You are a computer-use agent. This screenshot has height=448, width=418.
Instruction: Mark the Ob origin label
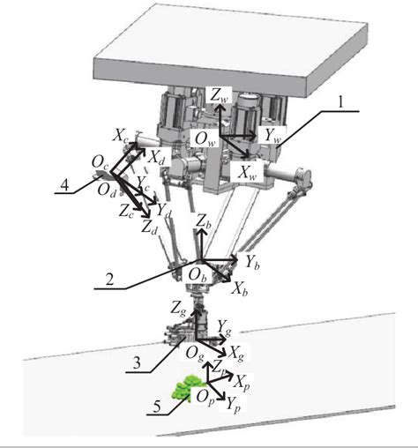[x=198, y=275]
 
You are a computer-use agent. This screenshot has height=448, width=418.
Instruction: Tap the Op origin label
[x=206, y=399]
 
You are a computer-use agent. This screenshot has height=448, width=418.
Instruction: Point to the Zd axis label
[x=150, y=227]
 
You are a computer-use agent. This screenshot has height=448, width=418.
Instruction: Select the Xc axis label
[x=120, y=137]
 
